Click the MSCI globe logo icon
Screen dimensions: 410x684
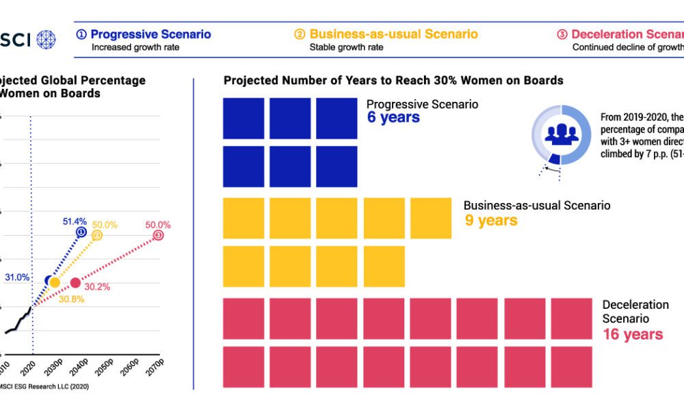[x=47, y=39]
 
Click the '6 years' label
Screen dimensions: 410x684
[x=393, y=118]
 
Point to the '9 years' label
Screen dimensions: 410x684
[x=490, y=220]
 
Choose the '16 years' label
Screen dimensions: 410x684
[x=633, y=334]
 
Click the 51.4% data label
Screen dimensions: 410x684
[x=75, y=221]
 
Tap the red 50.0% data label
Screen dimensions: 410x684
[x=157, y=225]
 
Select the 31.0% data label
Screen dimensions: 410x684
[x=17, y=277]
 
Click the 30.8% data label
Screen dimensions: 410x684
[x=70, y=298]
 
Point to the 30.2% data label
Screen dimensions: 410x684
[x=98, y=287]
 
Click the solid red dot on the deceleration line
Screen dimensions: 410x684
[x=75, y=283]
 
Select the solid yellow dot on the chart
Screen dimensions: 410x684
[x=55, y=283]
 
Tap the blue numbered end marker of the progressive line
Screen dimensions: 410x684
[x=81, y=232]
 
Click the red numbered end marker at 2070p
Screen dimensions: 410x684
[x=159, y=236]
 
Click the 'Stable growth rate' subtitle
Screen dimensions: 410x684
[x=346, y=48]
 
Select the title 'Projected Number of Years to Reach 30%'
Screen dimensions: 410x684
[x=393, y=81]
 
